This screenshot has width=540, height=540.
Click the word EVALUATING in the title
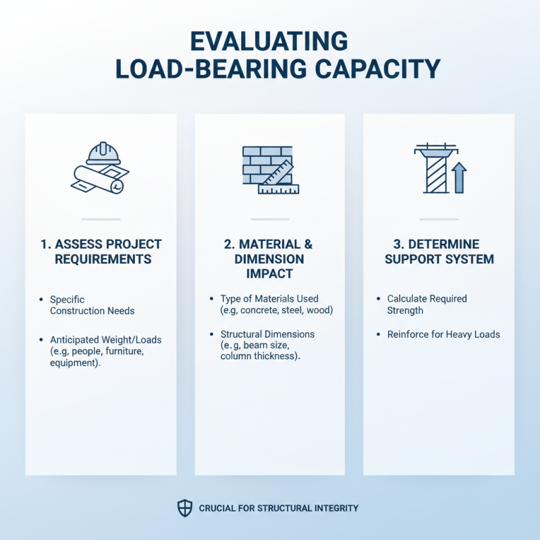(x=269, y=42)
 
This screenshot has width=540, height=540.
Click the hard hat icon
(x=103, y=153)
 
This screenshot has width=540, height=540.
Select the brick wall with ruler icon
(x=271, y=170)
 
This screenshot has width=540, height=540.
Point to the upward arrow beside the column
(x=459, y=178)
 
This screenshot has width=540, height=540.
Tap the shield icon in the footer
(x=184, y=508)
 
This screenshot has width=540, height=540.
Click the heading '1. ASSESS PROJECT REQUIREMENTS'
(x=101, y=251)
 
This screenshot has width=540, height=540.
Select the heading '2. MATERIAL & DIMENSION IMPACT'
(x=269, y=259)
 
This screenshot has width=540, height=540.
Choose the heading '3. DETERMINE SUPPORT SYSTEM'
(x=439, y=251)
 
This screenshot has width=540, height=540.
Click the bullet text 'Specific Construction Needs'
(x=92, y=305)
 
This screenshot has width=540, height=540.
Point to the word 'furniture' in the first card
(x=124, y=351)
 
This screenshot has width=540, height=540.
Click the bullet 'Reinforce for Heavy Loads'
(x=443, y=334)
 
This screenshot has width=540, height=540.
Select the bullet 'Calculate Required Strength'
(x=427, y=304)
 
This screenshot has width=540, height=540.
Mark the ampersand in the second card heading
(x=308, y=244)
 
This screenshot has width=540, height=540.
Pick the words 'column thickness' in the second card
(x=258, y=356)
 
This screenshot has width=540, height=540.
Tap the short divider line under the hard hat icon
(x=101, y=219)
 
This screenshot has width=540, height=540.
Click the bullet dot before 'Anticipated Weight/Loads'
(x=41, y=340)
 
